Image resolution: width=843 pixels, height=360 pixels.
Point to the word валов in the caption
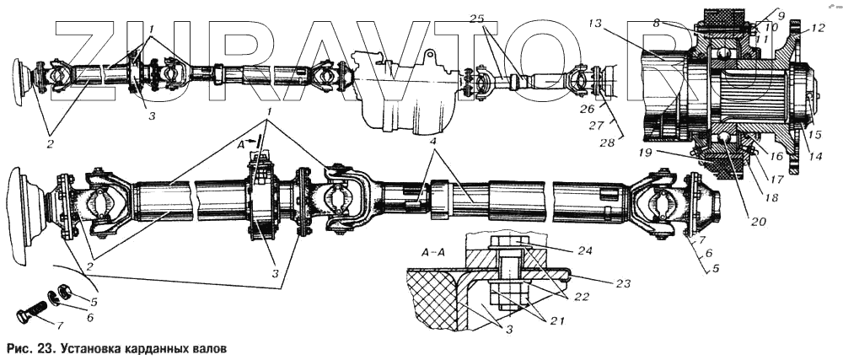(x=207, y=347)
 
